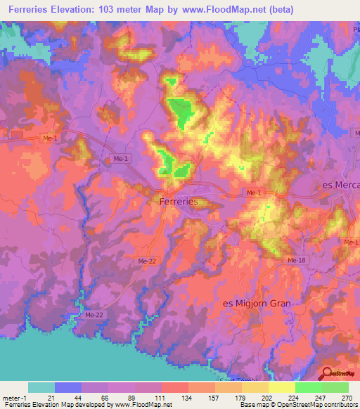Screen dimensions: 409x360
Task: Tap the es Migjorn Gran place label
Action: tap(257, 303)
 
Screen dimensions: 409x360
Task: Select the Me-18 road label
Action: tap(295, 260)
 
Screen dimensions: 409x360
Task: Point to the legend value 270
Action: tap(346, 398)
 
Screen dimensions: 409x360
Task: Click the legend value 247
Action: tap(320, 398)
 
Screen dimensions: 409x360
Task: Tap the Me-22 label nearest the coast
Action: tap(94, 314)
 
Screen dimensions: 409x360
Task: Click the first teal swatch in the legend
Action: tap(41, 387)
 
